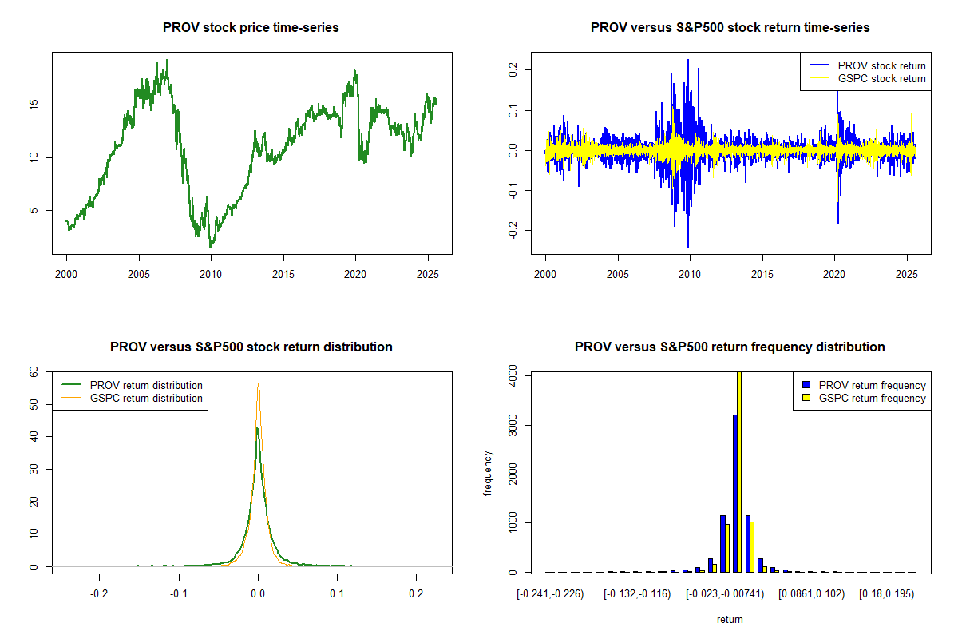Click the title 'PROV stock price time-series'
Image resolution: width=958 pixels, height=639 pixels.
pyautogui.click(x=251, y=28)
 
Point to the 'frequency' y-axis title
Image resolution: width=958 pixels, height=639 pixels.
pyautogui.click(x=488, y=473)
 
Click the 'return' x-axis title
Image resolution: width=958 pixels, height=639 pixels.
pyautogui.click(x=730, y=619)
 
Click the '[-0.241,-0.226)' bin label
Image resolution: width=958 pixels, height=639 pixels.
pyautogui.click(x=550, y=594)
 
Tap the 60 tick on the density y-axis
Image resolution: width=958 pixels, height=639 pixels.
pyautogui.click(x=34, y=371)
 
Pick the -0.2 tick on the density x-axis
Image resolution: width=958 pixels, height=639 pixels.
pyautogui.click(x=99, y=594)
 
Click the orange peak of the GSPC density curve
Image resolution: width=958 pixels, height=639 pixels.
pyautogui.click(x=258, y=384)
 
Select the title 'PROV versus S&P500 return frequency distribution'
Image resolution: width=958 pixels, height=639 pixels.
pyautogui.click(x=730, y=347)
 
